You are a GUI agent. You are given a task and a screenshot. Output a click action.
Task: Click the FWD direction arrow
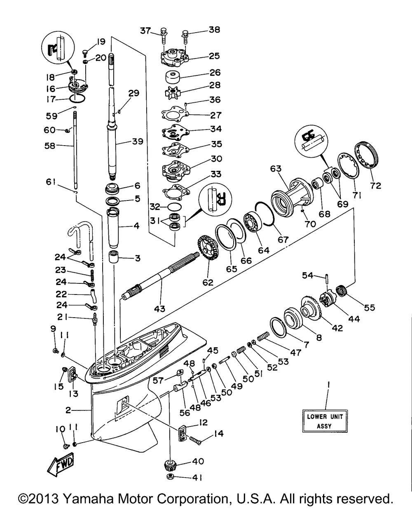(61, 464)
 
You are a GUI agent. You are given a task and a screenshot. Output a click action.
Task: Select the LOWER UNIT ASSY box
(325, 421)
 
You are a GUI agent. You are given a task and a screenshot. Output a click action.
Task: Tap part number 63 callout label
(276, 169)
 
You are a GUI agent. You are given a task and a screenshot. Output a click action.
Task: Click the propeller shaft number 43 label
(159, 309)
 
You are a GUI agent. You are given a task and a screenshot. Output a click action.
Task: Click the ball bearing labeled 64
(253, 222)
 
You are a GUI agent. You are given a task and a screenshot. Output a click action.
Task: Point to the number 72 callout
(375, 186)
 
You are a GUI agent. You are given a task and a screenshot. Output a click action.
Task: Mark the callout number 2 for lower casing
(68, 410)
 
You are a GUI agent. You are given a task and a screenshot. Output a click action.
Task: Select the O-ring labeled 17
(77, 98)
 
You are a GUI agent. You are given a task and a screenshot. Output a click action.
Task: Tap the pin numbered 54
(326, 279)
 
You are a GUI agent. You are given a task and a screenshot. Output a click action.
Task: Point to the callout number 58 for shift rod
(50, 146)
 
